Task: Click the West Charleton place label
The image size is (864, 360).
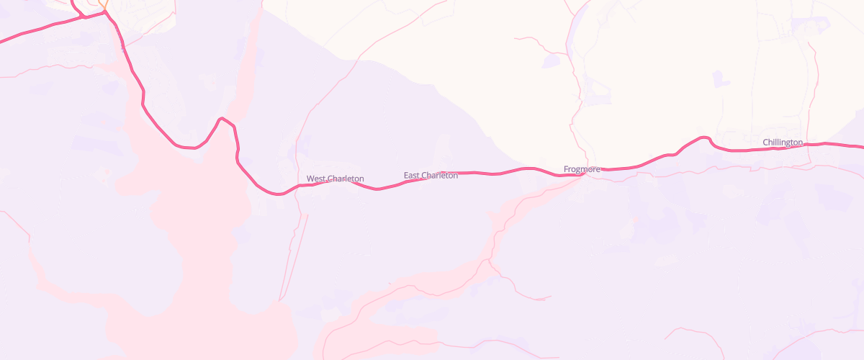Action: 336,179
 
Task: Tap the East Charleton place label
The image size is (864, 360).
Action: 431,175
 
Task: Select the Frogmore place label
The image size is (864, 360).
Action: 582,169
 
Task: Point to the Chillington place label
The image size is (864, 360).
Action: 783,143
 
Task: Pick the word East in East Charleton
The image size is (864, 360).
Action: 411,175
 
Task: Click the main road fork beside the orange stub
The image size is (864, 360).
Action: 106,12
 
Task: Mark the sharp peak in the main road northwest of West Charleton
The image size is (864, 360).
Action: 222,117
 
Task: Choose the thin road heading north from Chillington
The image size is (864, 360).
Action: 816,86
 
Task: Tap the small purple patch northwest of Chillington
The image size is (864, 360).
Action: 718,78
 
